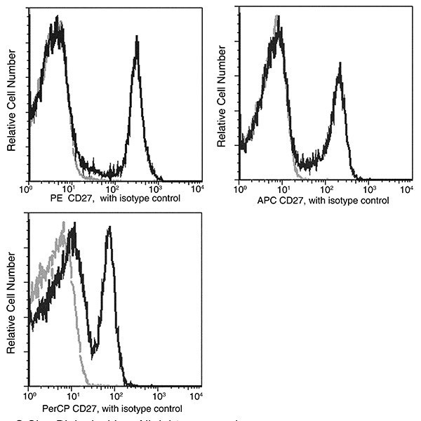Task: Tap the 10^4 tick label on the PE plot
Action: pyautogui.click(x=199, y=188)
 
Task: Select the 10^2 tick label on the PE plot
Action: pyautogui.click(x=113, y=188)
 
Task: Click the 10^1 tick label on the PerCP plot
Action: pyautogui.click(x=72, y=396)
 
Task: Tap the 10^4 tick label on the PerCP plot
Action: pyautogui.click(x=199, y=396)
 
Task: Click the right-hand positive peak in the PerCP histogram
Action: pyautogui.click(x=109, y=230)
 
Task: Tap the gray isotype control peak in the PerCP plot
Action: pyautogui.click(x=64, y=225)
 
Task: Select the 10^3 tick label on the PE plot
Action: pyautogui.click(x=156, y=188)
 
